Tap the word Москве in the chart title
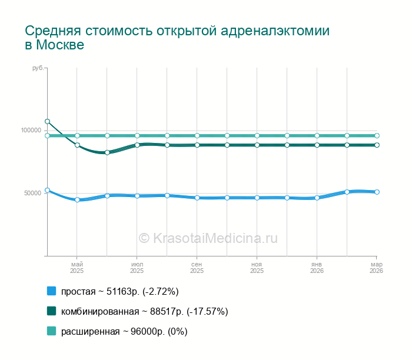point(60,45)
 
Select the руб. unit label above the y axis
point(38,69)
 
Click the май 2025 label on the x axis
point(77,268)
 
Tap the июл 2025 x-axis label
point(137,268)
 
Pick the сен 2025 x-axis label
point(197,268)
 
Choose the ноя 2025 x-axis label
point(257,268)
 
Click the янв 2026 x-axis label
point(317,268)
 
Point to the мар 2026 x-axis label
point(376,268)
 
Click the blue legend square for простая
point(51,291)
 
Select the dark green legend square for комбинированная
point(51,311)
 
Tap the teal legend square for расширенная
point(51,331)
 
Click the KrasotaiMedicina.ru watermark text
point(208,238)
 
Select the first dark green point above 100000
point(47,122)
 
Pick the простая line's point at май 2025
point(77,200)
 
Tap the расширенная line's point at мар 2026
point(377,136)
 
